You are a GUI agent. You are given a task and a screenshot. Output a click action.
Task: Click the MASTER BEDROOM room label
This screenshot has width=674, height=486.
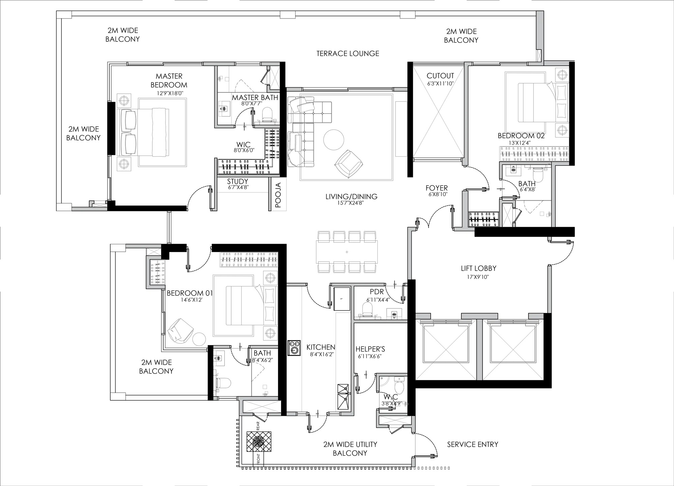(169, 81)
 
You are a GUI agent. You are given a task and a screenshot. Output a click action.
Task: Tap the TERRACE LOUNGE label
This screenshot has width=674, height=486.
(348, 53)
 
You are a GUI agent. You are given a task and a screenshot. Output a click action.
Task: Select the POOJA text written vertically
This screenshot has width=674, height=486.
(278, 195)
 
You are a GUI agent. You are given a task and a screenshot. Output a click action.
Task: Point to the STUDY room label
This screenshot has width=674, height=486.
(238, 181)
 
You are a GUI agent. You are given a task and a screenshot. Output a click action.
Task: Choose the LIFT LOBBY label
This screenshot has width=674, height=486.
(479, 268)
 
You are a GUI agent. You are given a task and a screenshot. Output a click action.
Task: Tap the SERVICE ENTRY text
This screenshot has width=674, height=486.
(472, 445)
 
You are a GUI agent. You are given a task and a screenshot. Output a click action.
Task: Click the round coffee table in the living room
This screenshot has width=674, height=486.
(334, 140)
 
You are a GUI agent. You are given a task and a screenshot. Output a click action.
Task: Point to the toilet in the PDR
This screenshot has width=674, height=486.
(367, 308)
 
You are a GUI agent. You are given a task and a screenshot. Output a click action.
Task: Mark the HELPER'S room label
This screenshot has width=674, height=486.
(370, 349)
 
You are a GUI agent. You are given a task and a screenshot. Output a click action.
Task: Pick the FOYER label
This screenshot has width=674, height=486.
(436, 188)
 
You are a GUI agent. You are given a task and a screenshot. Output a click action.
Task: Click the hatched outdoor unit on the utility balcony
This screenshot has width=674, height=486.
(259, 442)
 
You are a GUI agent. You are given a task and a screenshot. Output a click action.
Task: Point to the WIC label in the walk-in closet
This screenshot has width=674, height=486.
(243, 145)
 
